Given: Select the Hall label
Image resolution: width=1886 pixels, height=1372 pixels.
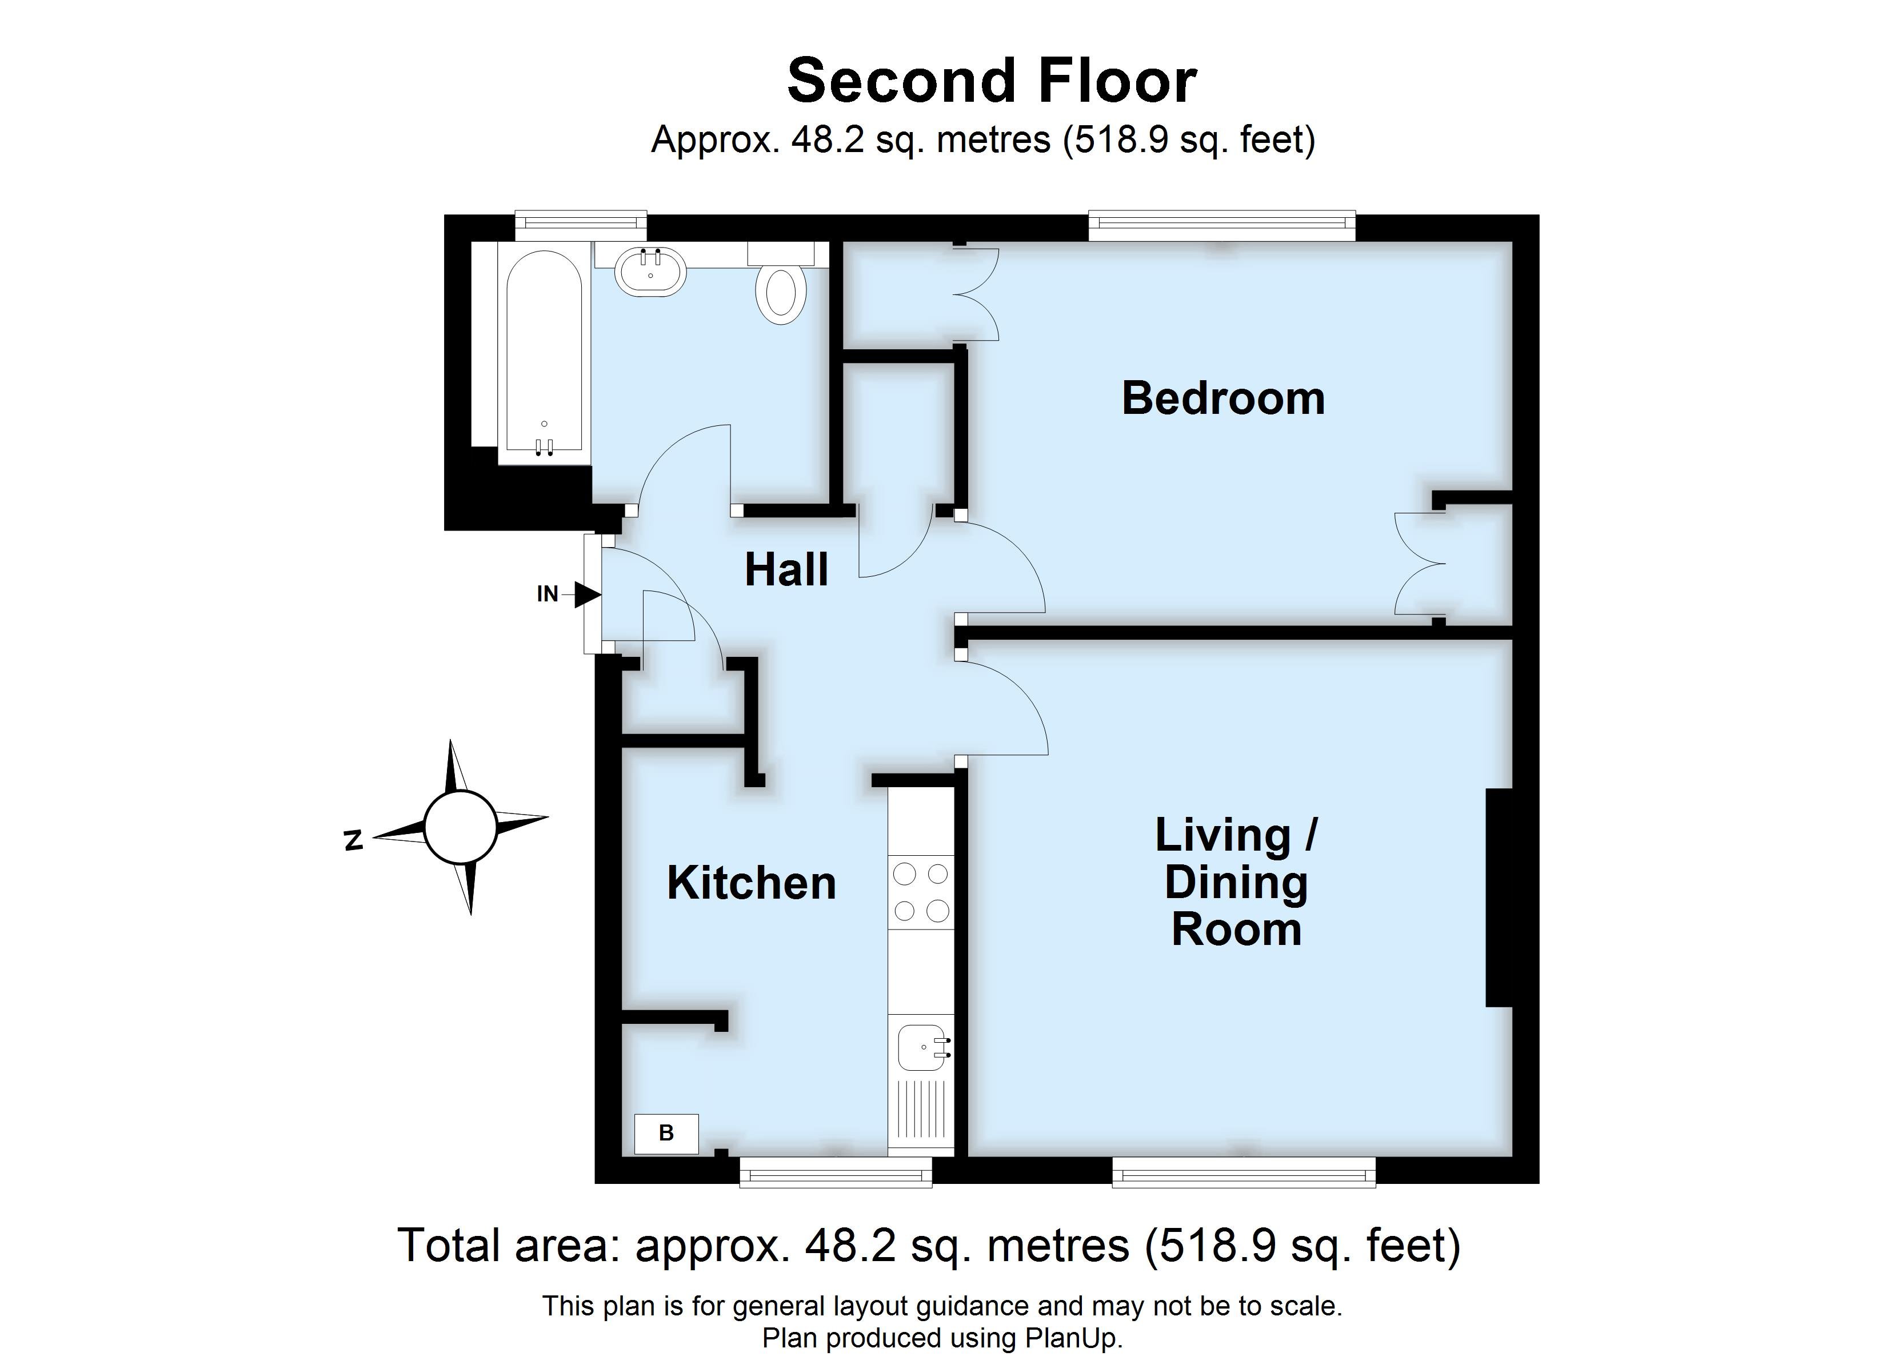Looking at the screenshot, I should [x=786, y=570].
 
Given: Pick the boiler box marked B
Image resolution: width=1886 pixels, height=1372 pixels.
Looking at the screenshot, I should [x=666, y=1133].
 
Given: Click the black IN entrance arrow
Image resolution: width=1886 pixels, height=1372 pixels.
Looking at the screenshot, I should [x=587, y=594].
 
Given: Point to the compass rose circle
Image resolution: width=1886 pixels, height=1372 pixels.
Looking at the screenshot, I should [x=460, y=828].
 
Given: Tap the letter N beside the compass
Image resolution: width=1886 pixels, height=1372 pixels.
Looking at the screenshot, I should [x=353, y=840].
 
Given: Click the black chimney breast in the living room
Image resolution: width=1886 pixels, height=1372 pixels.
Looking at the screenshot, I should [x=1499, y=898].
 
